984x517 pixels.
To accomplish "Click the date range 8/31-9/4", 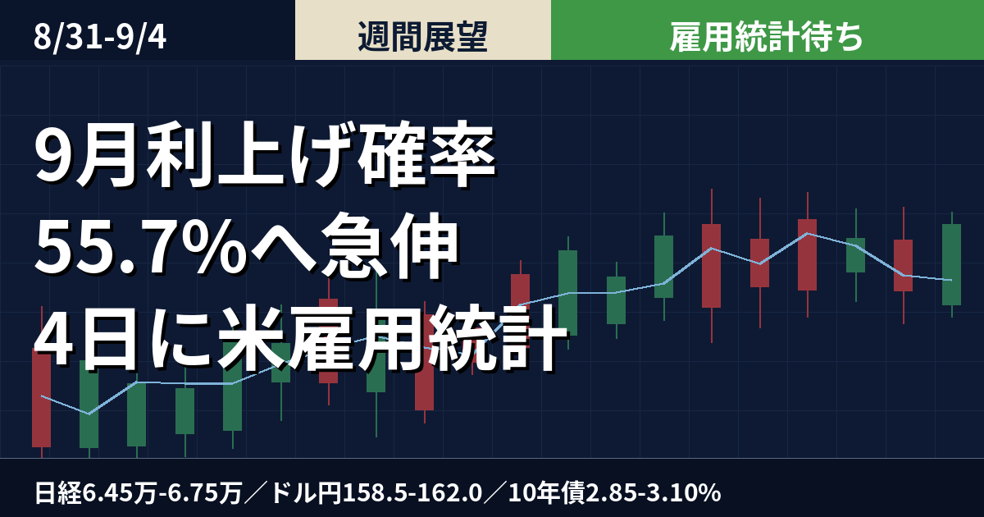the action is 100,38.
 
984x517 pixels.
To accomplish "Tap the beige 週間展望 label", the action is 422,37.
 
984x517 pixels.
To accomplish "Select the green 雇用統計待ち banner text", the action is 766,37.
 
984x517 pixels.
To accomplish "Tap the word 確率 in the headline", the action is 426,155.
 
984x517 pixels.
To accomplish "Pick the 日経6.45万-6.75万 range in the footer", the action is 139,493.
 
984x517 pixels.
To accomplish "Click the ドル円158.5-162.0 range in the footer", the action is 377,493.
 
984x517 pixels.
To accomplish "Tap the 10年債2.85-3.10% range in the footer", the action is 614,493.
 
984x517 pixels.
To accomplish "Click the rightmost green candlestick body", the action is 951,264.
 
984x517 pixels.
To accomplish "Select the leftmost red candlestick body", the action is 41,397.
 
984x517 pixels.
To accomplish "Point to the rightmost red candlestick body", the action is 903,266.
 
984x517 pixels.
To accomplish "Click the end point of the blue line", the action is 951,280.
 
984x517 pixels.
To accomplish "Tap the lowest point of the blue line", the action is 89,414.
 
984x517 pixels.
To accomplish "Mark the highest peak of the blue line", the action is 808,233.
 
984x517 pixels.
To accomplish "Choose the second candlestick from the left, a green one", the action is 89,404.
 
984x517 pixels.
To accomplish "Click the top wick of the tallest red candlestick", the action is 712,207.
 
